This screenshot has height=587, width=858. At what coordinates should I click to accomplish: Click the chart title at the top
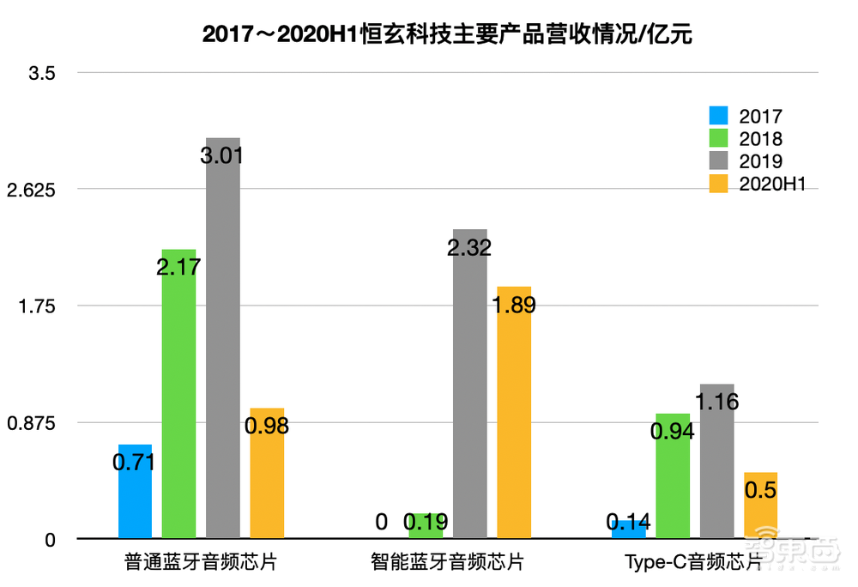pyautogui.click(x=446, y=35)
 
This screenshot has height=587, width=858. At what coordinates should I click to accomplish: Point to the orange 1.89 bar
pyautogui.click(x=514, y=412)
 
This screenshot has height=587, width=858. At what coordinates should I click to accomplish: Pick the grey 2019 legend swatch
pyautogui.click(x=718, y=160)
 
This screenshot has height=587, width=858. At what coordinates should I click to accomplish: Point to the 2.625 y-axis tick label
pyautogui.click(x=31, y=190)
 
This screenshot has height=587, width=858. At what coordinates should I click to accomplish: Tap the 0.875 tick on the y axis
pyautogui.click(x=31, y=423)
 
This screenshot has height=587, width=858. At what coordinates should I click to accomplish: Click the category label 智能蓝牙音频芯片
pyautogui.click(x=447, y=563)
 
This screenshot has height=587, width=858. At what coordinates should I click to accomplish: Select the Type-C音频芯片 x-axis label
pyautogui.click(x=693, y=563)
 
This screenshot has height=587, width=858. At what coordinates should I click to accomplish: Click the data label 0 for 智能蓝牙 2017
pyautogui.click(x=382, y=522)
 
